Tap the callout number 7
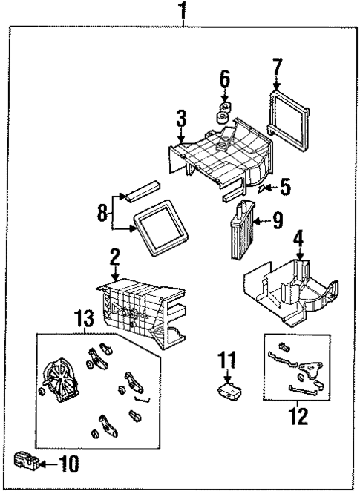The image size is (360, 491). pyautogui.click(x=277, y=68)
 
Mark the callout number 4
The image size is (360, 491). pyautogui.click(x=298, y=240)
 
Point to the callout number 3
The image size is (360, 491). pyautogui.click(x=180, y=118)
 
